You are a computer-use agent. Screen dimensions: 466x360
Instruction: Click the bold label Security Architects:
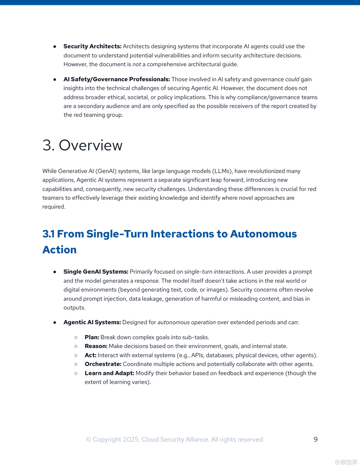[x=92, y=46]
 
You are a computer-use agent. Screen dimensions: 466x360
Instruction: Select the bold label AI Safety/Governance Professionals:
[x=116, y=79]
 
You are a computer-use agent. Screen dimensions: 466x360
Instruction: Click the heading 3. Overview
[x=82, y=145]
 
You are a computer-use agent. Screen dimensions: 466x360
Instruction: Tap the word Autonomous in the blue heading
[x=263, y=234]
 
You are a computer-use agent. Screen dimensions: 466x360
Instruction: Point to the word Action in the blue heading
[x=59, y=249]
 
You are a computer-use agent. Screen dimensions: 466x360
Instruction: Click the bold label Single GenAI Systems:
[x=96, y=272]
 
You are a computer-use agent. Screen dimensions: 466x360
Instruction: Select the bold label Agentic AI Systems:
[x=92, y=322]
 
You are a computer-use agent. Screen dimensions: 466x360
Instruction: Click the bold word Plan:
[x=92, y=337]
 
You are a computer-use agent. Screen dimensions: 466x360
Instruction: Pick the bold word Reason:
[x=96, y=346]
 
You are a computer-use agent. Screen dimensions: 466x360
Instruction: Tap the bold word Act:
[x=90, y=355]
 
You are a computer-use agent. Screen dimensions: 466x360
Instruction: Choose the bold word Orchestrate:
[x=103, y=364]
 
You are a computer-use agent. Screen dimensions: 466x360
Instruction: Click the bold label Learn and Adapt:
[x=109, y=373]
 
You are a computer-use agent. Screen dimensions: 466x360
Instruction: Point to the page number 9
[x=316, y=439]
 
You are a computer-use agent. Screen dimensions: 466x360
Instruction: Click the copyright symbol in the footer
[x=89, y=440]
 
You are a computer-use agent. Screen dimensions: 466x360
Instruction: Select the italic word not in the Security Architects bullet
[x=137, y=64]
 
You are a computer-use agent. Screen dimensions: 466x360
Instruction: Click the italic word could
[x=292, y=79]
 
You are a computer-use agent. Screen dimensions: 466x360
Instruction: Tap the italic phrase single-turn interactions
[x=214, y=272]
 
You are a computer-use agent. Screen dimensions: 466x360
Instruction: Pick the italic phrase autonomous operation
[x=186, y=322]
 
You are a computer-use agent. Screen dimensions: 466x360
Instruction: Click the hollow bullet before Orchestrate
[x=76, y=364]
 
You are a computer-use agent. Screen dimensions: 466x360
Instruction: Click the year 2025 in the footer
[x=131, y=440]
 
